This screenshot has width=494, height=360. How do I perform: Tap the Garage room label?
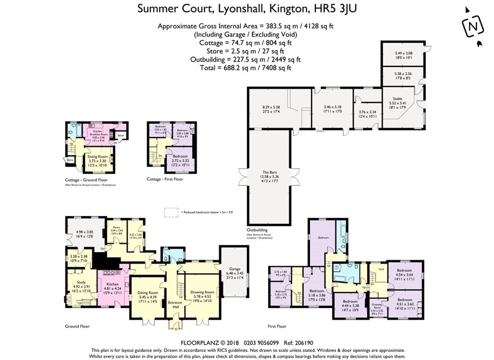pos(235,269)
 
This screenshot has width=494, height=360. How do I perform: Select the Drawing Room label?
pos(202,292)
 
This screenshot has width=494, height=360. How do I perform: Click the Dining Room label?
pos(147,293)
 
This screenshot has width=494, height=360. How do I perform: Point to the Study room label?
pos(81,282)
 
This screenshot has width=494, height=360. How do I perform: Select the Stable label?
pos(397,99)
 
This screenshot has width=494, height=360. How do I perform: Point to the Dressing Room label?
pos(377,306)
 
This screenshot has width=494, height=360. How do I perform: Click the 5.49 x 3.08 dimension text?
pos(403,53)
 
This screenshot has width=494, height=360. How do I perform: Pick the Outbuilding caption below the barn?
pos(257,230)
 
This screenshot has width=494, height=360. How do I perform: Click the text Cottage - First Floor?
pos(165,179)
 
